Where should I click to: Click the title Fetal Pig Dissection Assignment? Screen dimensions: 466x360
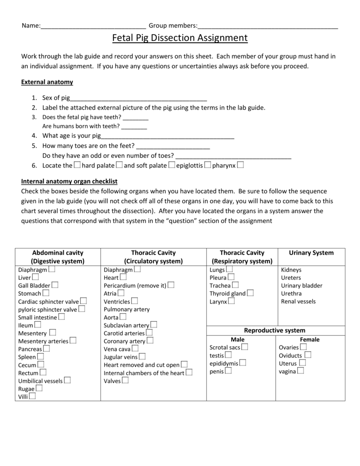[180, 38]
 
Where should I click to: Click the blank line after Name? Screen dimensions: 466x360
[93, 26]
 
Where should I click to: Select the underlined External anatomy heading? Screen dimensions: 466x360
[47, 82]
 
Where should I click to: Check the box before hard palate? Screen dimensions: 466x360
[77, 165]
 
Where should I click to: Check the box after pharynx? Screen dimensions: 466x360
[240, 165]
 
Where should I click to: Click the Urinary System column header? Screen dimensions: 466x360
[311, 253]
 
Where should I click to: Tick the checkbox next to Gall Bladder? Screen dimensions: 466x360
[55, 285]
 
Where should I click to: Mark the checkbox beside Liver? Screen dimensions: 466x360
[35, 277]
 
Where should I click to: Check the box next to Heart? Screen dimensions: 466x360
[123, 277]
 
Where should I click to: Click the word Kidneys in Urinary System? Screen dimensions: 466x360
[291, 270]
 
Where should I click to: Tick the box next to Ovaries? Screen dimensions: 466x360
[304, 347]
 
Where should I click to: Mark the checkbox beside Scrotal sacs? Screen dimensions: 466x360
[245, 347]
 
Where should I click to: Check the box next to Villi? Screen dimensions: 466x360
[33, 396]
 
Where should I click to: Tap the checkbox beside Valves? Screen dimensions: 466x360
[125, 380]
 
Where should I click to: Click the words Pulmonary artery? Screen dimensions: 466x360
[127, 309]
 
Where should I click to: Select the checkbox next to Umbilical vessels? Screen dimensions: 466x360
[67, 380]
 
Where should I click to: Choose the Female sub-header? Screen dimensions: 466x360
[309, 339]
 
